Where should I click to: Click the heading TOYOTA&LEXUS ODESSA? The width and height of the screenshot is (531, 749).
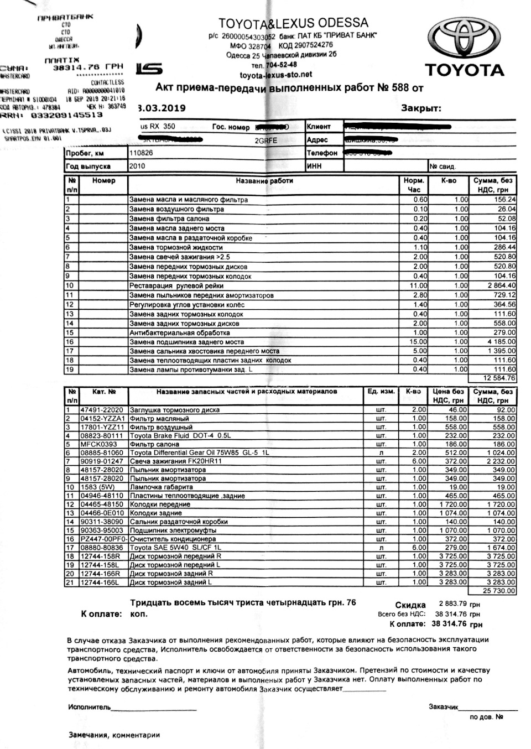(293, 23)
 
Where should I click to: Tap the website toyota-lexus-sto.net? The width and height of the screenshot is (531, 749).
(275, 74)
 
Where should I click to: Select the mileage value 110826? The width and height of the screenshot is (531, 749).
(142, 153)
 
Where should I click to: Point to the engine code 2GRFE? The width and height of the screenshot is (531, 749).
(265, 141)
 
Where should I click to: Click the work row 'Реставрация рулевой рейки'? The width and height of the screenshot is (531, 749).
(176, 286)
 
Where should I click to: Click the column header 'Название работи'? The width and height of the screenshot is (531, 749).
(264, 181)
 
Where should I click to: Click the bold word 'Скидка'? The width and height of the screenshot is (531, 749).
(410, 605)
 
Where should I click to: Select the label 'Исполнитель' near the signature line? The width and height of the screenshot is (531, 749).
(89, 707)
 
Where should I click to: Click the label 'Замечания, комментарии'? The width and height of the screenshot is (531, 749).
(114, 735)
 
